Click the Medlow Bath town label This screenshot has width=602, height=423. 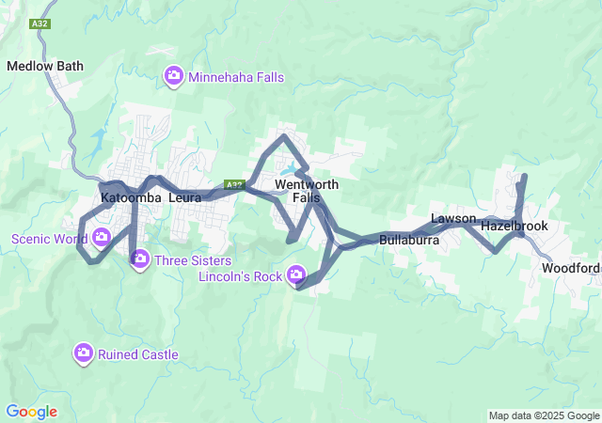click(45, 66)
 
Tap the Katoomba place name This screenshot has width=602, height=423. click(131, 198)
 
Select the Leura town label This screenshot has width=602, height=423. click(185, 198)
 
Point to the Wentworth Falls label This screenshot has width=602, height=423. click(299, 191)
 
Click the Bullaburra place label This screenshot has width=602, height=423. click(410, 241)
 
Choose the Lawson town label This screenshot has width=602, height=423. click(453, 219)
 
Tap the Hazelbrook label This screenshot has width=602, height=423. click(514, 227)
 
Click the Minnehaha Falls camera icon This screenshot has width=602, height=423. click(173, 76)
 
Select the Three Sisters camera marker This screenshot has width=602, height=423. click(139, 258)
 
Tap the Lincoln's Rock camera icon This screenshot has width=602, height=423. click(297, 274)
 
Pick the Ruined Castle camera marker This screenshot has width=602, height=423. click(83, 353)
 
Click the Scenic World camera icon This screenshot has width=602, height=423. click(102, 237)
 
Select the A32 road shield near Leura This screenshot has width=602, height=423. click(234, 185)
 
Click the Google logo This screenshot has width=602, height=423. click(31, 412)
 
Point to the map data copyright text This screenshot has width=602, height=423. click(544, 415)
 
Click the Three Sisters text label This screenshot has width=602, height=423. click(186, 258)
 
